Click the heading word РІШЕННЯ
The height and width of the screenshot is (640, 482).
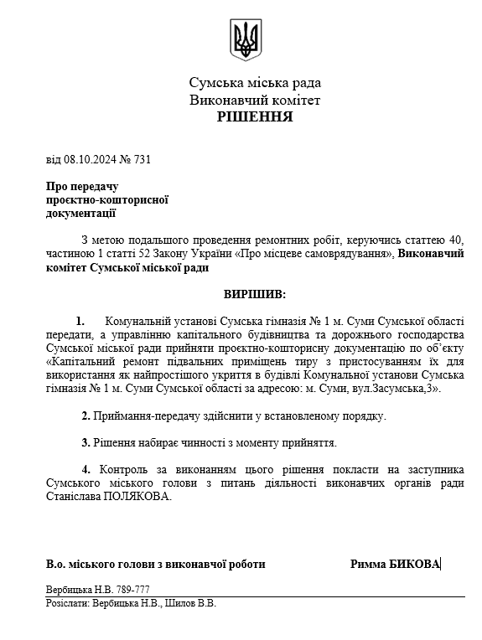(x=255, y=116)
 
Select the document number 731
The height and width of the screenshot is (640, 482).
(x=142, y=159)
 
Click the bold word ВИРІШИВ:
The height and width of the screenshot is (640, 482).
(x=254, y=295)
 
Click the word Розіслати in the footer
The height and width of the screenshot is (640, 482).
(x=68, y=602)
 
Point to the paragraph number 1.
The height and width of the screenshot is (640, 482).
(x=80, y=321)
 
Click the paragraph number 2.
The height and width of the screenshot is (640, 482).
(x=86, y=415)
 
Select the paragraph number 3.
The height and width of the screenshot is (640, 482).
(x=86, y=441)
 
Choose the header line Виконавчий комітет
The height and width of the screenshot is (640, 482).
(x=255, y=100)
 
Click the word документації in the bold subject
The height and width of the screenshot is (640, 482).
(x=80, y=214)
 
